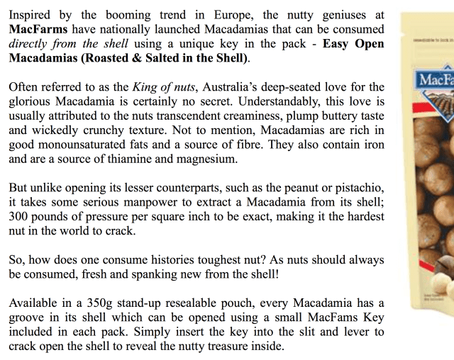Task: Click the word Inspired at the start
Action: (31, 15)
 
